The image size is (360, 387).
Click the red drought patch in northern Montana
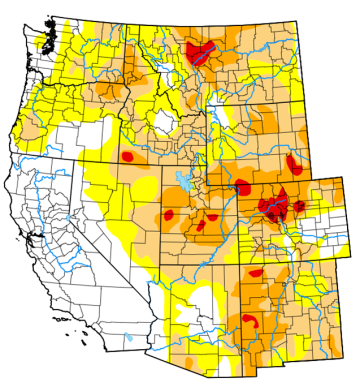tap(202, 51)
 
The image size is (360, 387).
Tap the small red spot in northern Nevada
tap(128, 157)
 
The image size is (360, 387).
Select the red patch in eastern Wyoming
tap(294, 163)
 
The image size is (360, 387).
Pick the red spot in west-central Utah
tap(170, 214)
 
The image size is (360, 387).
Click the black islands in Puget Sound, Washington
tap(45, 40)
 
